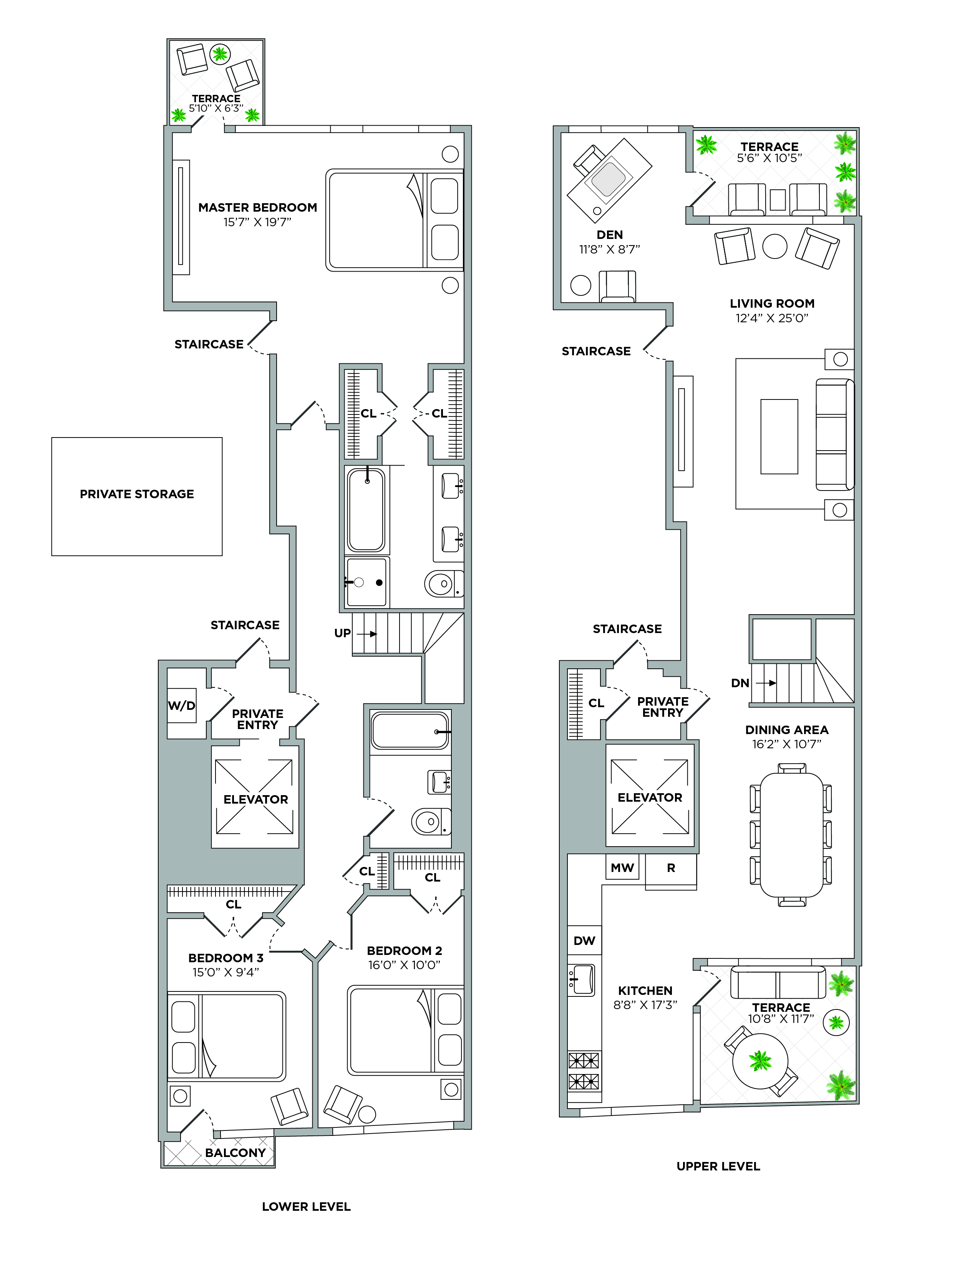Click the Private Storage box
tap(137, 496)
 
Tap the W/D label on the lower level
tap(182, 706)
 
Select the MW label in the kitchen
tap(622, 868)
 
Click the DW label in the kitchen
tap(585, 941)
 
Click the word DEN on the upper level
tap(610, 235)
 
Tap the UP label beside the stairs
tap(343, 633)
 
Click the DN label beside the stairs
tap(740, 683)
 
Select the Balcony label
tap(235, 1152)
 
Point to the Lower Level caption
tap(306, 1207)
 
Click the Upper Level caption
tap(718, 1166)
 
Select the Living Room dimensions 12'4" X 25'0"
tap(771, 318)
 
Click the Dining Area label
tap(787, 730)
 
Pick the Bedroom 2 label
tap(404, 950)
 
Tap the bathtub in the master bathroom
tap(366, 510)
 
